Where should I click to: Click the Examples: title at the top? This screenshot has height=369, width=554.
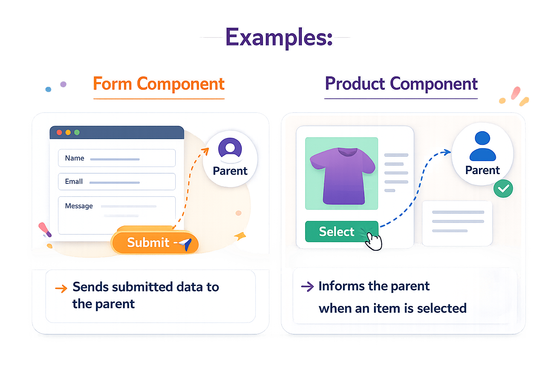click(x=279, y=37)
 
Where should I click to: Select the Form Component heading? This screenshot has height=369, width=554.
click(x=159, y=84)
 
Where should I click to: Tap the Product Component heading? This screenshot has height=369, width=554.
click(x=401, y=84)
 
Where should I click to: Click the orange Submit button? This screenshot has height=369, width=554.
click(x=154, y=243)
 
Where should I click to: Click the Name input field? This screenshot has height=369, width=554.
click(x=117, y=158)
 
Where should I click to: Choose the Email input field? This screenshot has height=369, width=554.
click(x=117, y=182)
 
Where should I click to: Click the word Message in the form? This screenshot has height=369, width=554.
click(x=79, y=206)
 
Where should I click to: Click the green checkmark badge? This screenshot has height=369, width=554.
click(x=503, y=188)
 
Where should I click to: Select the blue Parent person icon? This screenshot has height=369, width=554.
click(x=483, y=146)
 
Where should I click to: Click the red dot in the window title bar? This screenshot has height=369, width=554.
click(x=59, y=133)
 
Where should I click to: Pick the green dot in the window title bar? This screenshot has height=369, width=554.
click(x=77, y=133)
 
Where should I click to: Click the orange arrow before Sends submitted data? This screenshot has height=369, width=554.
click(x=61, y=288)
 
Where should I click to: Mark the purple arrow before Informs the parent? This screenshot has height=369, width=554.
click(x=307, y=287)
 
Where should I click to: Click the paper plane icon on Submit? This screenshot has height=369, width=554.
click(x=186, y=244)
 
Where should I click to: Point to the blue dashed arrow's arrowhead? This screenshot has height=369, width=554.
click(x=448, y=152)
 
